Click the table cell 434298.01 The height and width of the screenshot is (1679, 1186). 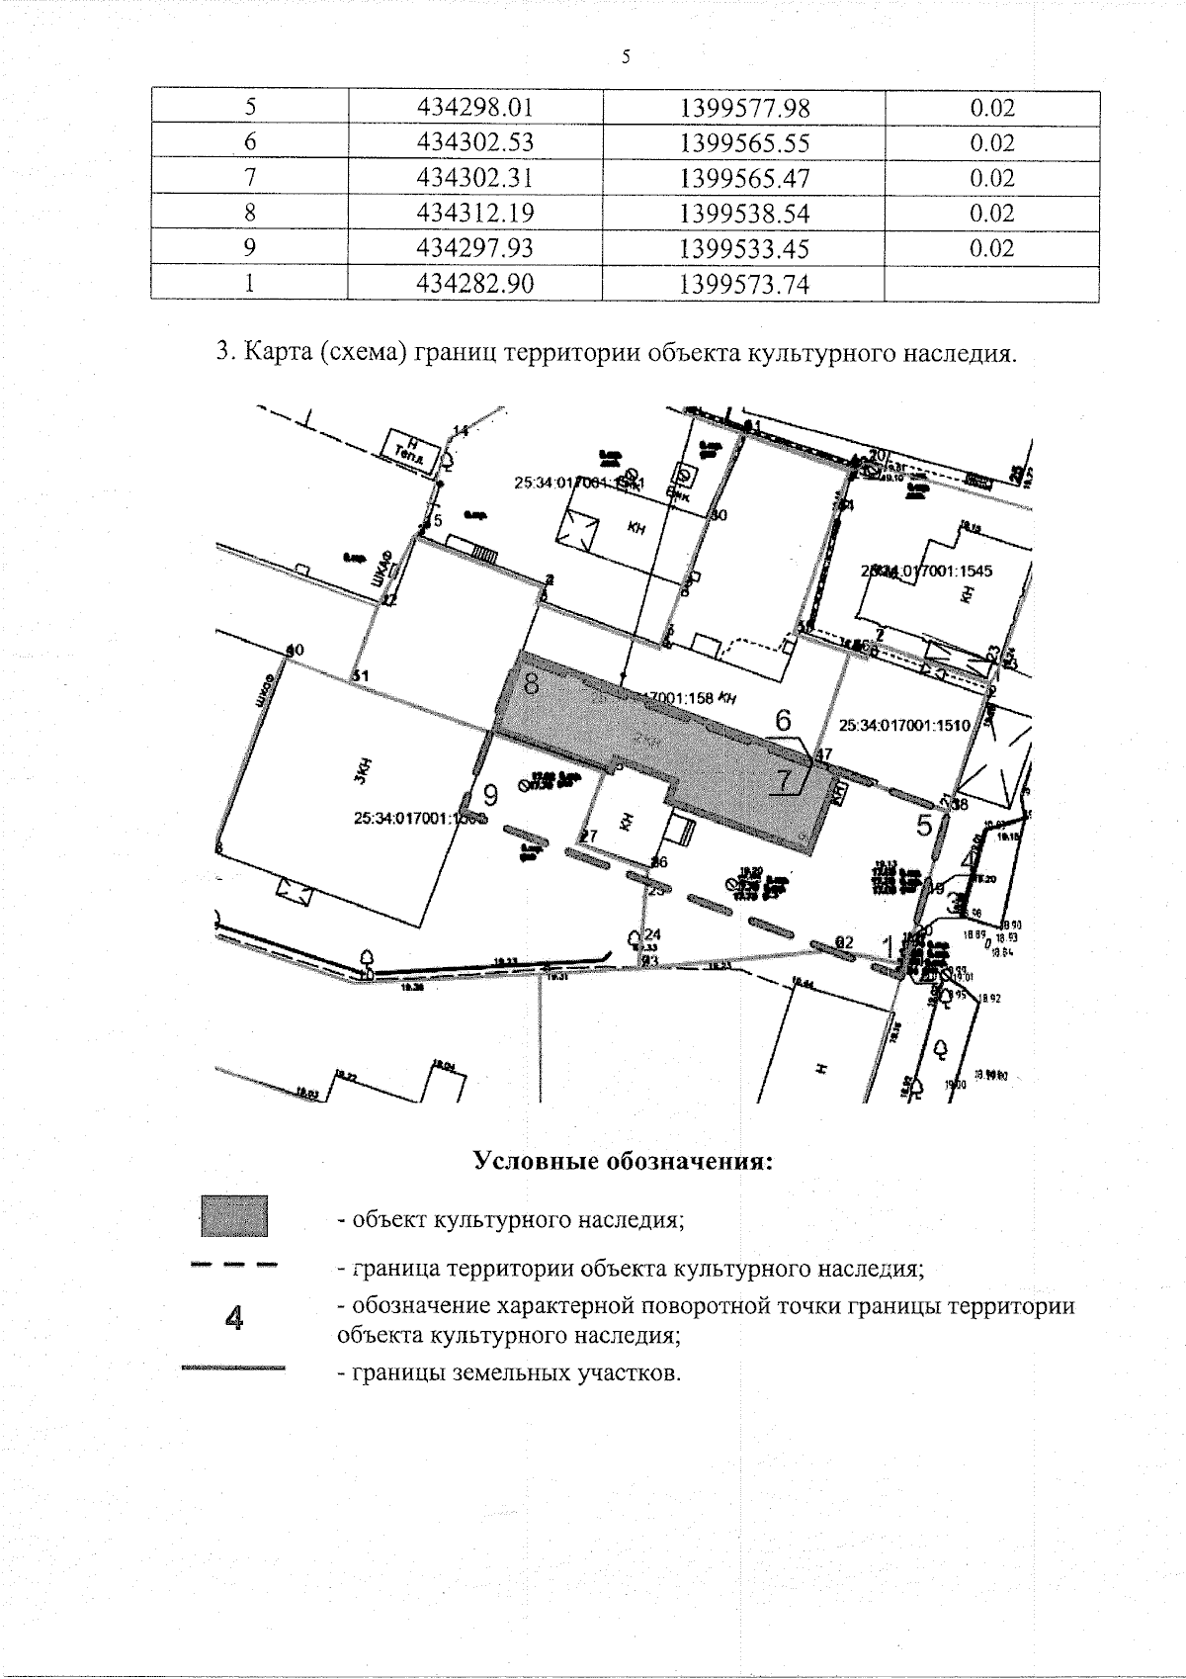(475, 108)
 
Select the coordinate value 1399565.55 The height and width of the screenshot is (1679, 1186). (744, 143)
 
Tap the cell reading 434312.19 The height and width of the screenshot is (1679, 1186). (475, 213)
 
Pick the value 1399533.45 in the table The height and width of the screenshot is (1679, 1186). (744, 247)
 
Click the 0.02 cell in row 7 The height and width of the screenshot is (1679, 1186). (991, 178)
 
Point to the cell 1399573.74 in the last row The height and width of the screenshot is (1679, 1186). (744, 285)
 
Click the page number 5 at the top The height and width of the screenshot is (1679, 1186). (626, 56)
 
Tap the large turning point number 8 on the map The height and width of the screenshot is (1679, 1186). (531, 682)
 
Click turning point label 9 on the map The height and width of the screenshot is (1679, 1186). (488, 793)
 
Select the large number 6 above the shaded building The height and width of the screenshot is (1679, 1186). (784, 720)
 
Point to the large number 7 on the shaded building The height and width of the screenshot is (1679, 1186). (784, 781)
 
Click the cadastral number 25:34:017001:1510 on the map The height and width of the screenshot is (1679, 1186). (903, 725)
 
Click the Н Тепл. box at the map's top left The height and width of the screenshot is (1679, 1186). (408, 452)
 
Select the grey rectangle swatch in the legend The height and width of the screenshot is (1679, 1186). (233, 1215)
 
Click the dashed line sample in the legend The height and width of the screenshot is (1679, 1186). (233, 1265)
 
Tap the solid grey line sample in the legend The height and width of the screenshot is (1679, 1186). (233, 1370)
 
